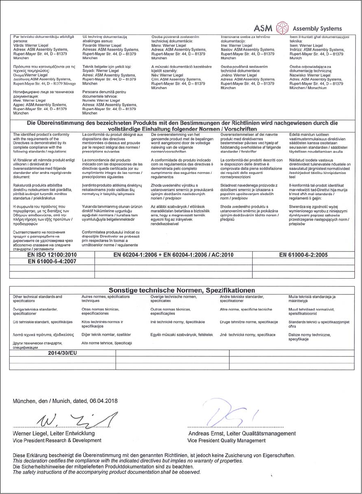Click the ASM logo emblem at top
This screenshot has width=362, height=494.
pyautogui.click(x=282, y=28)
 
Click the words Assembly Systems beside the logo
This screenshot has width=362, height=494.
pyautogui.click(x=317, y=29)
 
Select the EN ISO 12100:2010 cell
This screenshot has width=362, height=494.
pyautogui.click(x=51, y=255)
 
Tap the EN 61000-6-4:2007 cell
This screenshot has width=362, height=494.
pyautogui.click(x=51, y=261)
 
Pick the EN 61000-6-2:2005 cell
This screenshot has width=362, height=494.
pyautogui.click(x=303, y=255)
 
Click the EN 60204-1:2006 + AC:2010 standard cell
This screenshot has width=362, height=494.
pyautogui.click(x=174, y=255)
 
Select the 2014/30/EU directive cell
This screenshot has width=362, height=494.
pyautogui.click(x=62, y=353)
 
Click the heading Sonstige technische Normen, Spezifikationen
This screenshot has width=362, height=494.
pyautogui.click(x=182, y=290)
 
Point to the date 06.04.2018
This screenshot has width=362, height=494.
pyautogui.click(x=104, y=401)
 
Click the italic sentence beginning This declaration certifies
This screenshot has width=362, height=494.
pyautogui.click(x=128, y=461)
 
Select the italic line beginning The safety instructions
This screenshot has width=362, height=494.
pyautogui.click(x=106, y=472)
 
